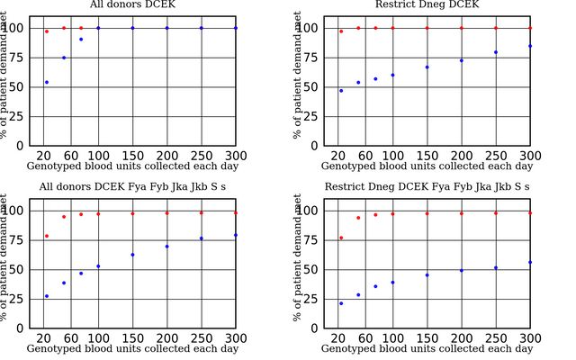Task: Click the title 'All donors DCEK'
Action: (x=132, y=4)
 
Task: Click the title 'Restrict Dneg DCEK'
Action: (x=427, y=4)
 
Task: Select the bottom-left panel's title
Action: (x=132, y=186)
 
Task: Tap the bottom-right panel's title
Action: (x=427, y=186)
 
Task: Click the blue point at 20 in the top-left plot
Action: (x=47, y=82)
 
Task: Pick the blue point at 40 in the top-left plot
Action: (x=64, y=58)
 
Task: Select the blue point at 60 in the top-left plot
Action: (x=81, y=40)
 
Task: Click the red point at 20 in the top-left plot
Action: (x=47, y=31)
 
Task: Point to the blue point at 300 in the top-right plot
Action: (x=530, y=46)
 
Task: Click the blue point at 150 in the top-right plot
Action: (x=427, y=67)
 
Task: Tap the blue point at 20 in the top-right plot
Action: (x=341, y=91)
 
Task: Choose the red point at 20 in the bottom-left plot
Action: (x=47, y=236)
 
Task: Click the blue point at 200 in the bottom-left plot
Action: (x=166, y=247)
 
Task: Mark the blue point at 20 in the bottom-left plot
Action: (x=47, y=296)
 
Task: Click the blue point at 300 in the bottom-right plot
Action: (x=530, y=263)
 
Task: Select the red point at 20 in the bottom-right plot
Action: (x=341, y=238)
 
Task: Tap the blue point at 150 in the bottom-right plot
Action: (x=427, y=274)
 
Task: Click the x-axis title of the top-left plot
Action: (x=132, y=166)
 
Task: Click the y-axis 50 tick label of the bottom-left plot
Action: (x=21, y=269)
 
